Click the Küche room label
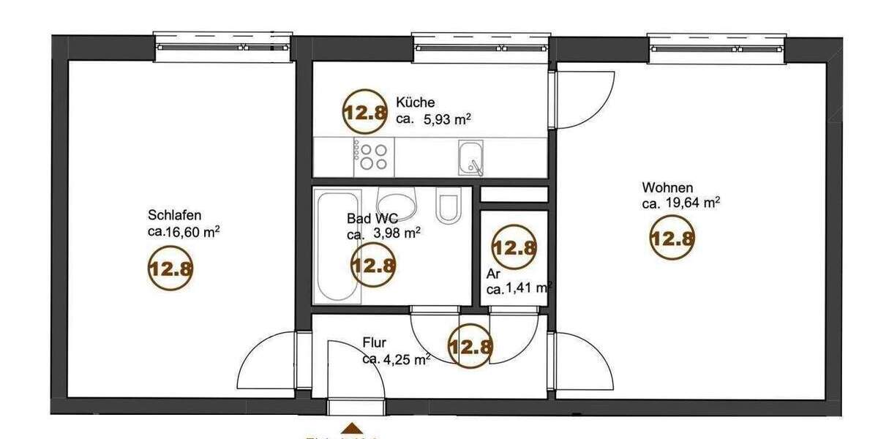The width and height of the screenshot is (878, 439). (416, 102)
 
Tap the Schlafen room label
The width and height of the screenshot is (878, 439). (174, 216)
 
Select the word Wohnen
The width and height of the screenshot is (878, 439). (667, 188)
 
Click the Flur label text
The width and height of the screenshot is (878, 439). (375, 342)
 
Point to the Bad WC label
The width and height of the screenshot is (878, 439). (372, 218)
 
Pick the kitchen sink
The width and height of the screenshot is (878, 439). (470, 158)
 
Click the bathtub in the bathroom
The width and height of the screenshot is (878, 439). (337, 247)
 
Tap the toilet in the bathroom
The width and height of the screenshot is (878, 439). (446, 206)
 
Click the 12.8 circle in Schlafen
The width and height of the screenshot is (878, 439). (170, 267)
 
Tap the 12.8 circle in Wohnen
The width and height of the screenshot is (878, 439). (672, 239)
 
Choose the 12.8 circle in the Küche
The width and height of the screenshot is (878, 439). (364, 112)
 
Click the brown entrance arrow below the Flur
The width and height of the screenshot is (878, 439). (353, 429)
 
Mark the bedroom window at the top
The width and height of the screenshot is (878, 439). (222, 47)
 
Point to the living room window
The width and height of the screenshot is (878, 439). (717, 47)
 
